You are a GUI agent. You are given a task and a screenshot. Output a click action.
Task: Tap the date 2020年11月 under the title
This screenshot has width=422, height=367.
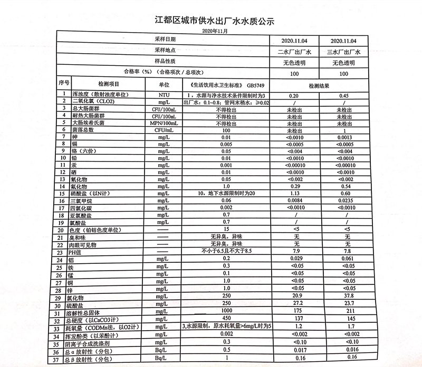(215, 32)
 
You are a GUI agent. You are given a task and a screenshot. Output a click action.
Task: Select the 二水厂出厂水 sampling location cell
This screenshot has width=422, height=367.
(294, 52)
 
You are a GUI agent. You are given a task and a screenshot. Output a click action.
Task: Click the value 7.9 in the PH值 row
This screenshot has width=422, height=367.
(295, 252)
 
